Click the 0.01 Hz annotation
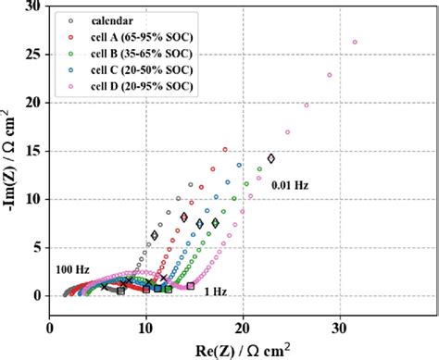point(289,185)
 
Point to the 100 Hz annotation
point(73,268)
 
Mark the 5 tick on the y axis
point(35,247)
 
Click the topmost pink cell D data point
point(355,42)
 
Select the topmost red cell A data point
point(224,149)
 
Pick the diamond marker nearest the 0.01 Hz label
point(271,158)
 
